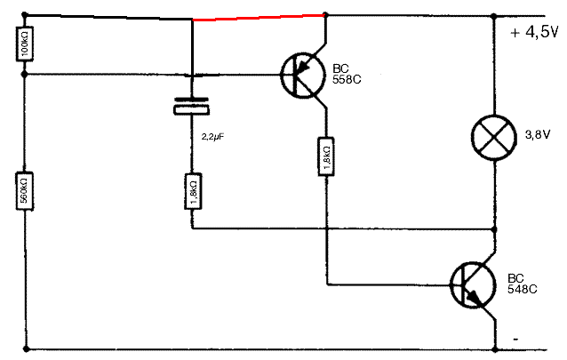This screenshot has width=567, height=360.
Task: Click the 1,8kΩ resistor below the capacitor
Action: point(192,192)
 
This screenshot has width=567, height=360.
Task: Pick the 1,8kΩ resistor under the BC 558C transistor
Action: point(327,156)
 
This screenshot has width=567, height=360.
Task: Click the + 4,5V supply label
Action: point(533,33)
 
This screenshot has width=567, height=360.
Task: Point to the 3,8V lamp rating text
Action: point(539,135)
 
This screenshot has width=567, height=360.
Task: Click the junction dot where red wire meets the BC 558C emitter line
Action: point(326,14)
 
